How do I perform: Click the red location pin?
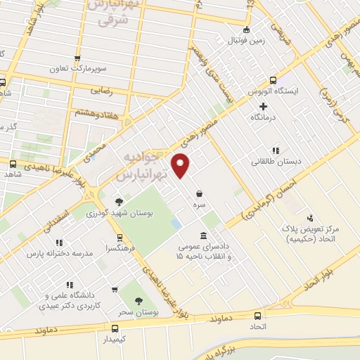[181, 166]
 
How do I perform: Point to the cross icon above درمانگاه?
[263, 107]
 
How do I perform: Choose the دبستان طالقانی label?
[275, 161]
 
